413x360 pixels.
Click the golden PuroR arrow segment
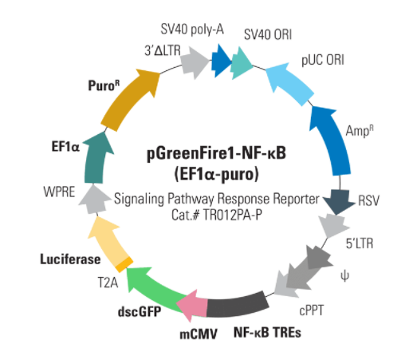pyautogui.click(x=127, y=99)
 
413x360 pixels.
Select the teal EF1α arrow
pyautogui.click(x=96, y=160)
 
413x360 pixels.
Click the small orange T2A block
pyautogui.click(x=124, y=264)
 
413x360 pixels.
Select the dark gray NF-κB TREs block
pyautogui.click(x=238, y=306)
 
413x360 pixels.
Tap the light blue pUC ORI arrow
pyautogui.click(x=289, y=82)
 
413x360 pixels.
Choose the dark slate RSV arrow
pyautogui.click(x=339, y=202)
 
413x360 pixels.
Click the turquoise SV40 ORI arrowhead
pyautogui.click(x=242, y=63)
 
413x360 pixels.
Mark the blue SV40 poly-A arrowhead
pyautogui.click(x=221, y=61)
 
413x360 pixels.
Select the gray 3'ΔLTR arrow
pyautogui.click(x=195, y=62)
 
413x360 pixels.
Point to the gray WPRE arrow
pyautogui.click(x=95, y=200)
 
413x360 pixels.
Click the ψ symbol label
pyautogui.click(x=344, y=276)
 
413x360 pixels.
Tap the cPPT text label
pyautogui.click(x=312, y=311)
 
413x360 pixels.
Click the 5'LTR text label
pyautogui.click(x=360, y=243)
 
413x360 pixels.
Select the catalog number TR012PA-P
pyautogui.click(x=233, y=215)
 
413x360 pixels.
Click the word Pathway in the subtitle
pyautogui.click(x=191, y=199)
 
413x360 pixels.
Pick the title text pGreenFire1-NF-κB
pyautogui.click(x=216, y=153)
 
